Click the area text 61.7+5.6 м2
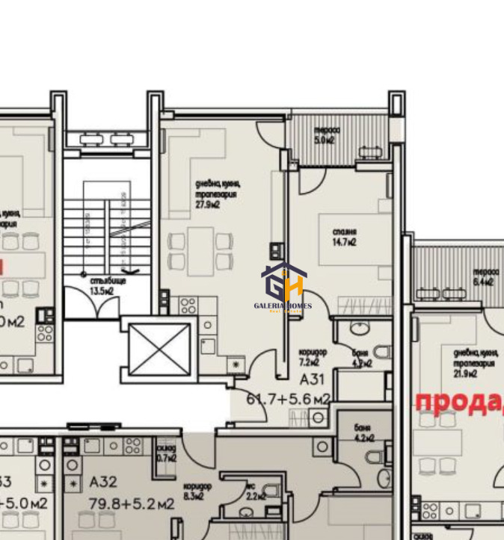[288, 400]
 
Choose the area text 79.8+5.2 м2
[132, 504]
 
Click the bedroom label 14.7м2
[344, 237]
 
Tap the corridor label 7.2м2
[310, 357]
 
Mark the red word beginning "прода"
[458, 402]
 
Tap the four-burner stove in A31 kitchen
[188, 305]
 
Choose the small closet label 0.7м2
[167, 453]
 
